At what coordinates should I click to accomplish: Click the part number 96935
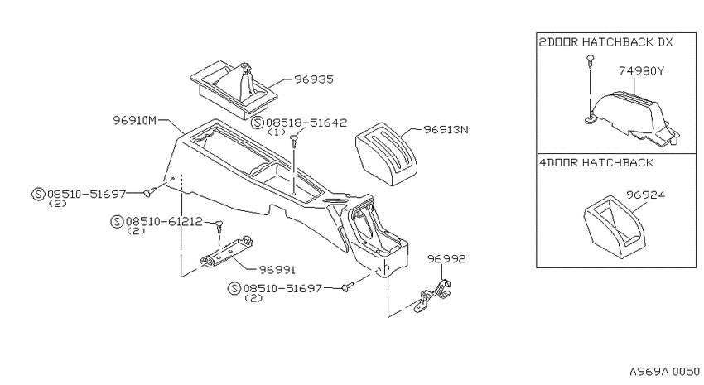[314, 79]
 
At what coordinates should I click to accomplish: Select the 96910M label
[135, 121]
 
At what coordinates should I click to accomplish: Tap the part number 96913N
[446, 130]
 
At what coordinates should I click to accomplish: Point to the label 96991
[277, 270]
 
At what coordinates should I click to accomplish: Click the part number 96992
[446, 259]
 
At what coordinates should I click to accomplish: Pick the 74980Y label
[642, 71]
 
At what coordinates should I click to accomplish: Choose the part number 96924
[646, 195]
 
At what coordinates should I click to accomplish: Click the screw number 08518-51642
[306, 123]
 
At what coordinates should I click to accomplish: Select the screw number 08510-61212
[164, 222]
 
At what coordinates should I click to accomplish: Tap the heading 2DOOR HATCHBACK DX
[606, 42]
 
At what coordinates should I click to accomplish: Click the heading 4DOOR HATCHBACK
[596, 162]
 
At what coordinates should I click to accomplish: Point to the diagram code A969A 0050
[664, 372]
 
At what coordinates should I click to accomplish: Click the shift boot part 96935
[234, 89]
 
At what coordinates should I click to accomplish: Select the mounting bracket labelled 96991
[227, 253]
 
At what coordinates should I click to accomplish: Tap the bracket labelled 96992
[435, 296]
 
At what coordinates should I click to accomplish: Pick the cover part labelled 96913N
[387, 154]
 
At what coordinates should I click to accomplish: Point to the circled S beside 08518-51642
[258, 123]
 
